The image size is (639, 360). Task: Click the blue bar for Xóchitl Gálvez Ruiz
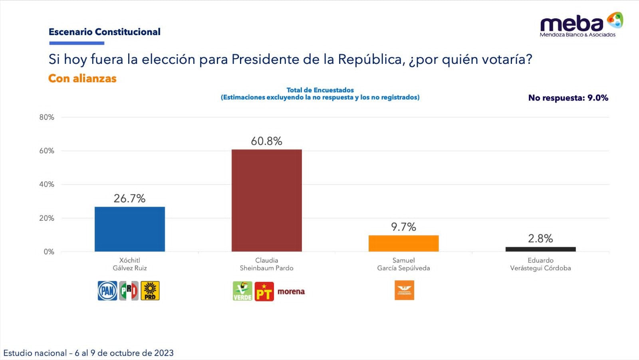pos(129,229)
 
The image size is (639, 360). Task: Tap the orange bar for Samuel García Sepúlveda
pos(403,243)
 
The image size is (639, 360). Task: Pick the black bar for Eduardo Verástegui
pos(540,249)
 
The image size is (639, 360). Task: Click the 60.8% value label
pos(266,141)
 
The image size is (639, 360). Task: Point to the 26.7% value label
pos(129,198)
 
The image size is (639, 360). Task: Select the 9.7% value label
pos(403,227)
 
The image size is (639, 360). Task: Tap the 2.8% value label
pos(540,239)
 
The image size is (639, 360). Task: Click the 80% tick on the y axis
pos(46,117)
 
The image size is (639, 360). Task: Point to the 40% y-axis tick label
pos(46,184)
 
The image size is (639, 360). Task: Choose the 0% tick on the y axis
pos(49,252)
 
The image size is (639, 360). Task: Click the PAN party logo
pos(107,291)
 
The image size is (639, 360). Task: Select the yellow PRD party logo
pos(150,291)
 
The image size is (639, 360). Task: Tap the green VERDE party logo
pos(242,291)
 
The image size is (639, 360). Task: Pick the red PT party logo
pos(264,291)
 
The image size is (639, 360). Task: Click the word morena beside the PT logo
pos(291,292)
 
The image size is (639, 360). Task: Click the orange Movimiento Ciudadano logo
pos(404,290)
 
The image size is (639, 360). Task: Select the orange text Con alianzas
pos(82,78)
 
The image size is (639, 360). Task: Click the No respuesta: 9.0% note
pos(568,98)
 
